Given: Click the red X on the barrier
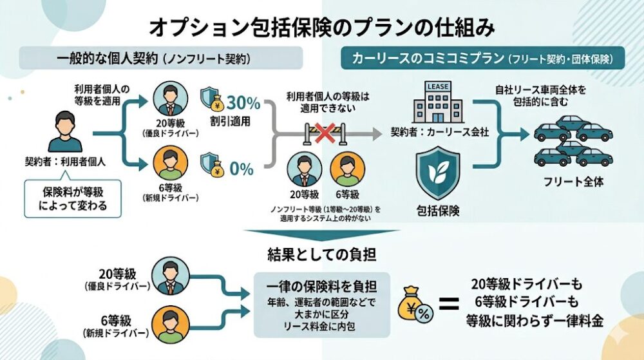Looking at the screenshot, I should coord(325,133).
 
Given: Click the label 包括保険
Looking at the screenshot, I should coord(439,210).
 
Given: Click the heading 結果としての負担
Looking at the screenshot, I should coord(322,254).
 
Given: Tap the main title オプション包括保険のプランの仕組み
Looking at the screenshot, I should coord(322,26).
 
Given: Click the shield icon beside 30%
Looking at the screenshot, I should coord(211,100).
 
